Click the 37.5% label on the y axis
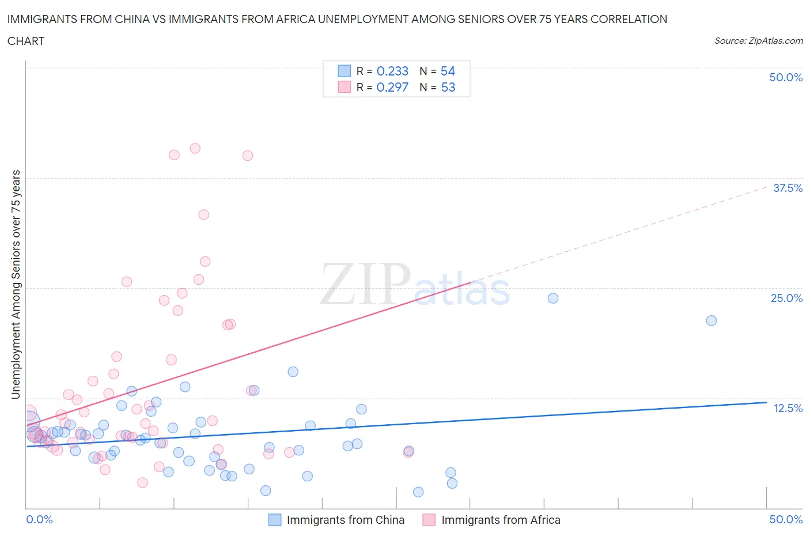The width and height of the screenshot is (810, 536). coord(788,188)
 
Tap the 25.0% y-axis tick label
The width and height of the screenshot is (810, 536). coord(786,298)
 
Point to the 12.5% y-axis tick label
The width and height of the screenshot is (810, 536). coord(788,408)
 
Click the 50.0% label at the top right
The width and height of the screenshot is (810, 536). coord(786,77)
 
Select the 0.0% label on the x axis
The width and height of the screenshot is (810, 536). coord(39,519)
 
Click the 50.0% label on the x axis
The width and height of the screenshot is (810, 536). coord(786,519)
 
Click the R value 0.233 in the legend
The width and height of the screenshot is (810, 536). coord(392,71)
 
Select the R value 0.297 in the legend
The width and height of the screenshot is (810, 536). coord(392,87)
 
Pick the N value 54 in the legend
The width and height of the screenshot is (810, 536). coord(448,71)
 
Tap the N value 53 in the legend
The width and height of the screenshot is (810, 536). coord(448,87)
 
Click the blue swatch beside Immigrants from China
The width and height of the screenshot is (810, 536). coord(275,520)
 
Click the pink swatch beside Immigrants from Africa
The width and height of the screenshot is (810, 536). coord(429,520)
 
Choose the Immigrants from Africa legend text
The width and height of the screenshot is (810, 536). coord(501,520)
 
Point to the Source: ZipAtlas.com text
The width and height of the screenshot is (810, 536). coord(758,41)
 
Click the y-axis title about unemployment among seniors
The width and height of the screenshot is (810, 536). coord(16,284)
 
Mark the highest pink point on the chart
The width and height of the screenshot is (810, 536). coord(195,149)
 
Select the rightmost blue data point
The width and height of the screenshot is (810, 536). coord(711,320)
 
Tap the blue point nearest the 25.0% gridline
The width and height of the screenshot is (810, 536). coord(553,298)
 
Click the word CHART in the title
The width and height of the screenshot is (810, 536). coord(26,41)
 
